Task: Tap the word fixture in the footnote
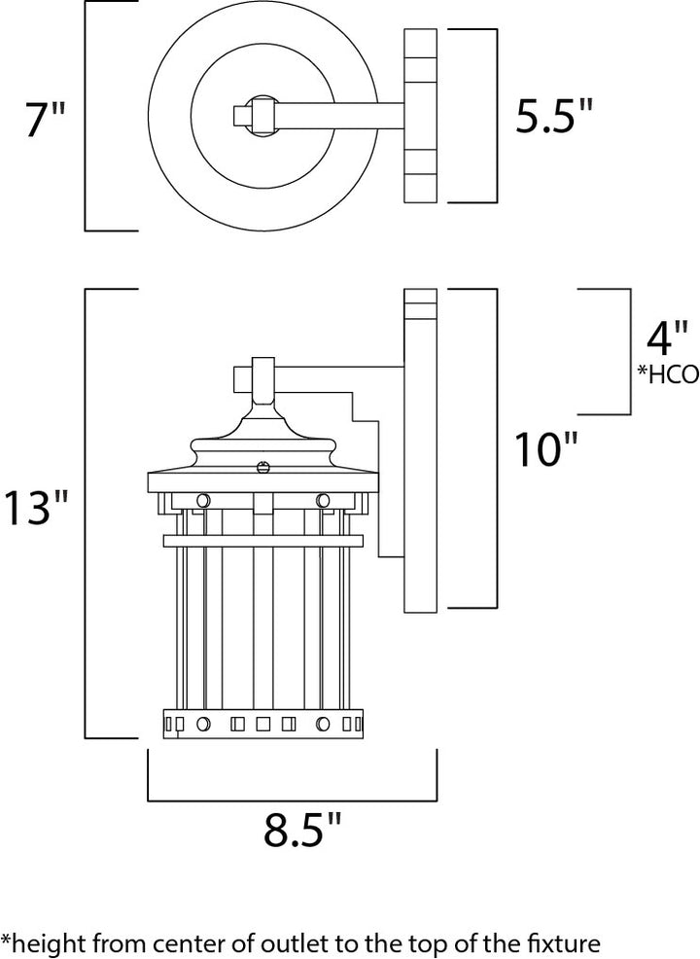(x=566, y=942)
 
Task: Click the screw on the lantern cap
(x=262, y=466)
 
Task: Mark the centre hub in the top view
(x=262, y=115)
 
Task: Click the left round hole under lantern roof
(x=203, y=500)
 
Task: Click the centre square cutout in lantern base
(x=262, y=724)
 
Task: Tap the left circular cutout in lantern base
(x=203, y=724)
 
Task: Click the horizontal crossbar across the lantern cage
(x=262, y=540)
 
